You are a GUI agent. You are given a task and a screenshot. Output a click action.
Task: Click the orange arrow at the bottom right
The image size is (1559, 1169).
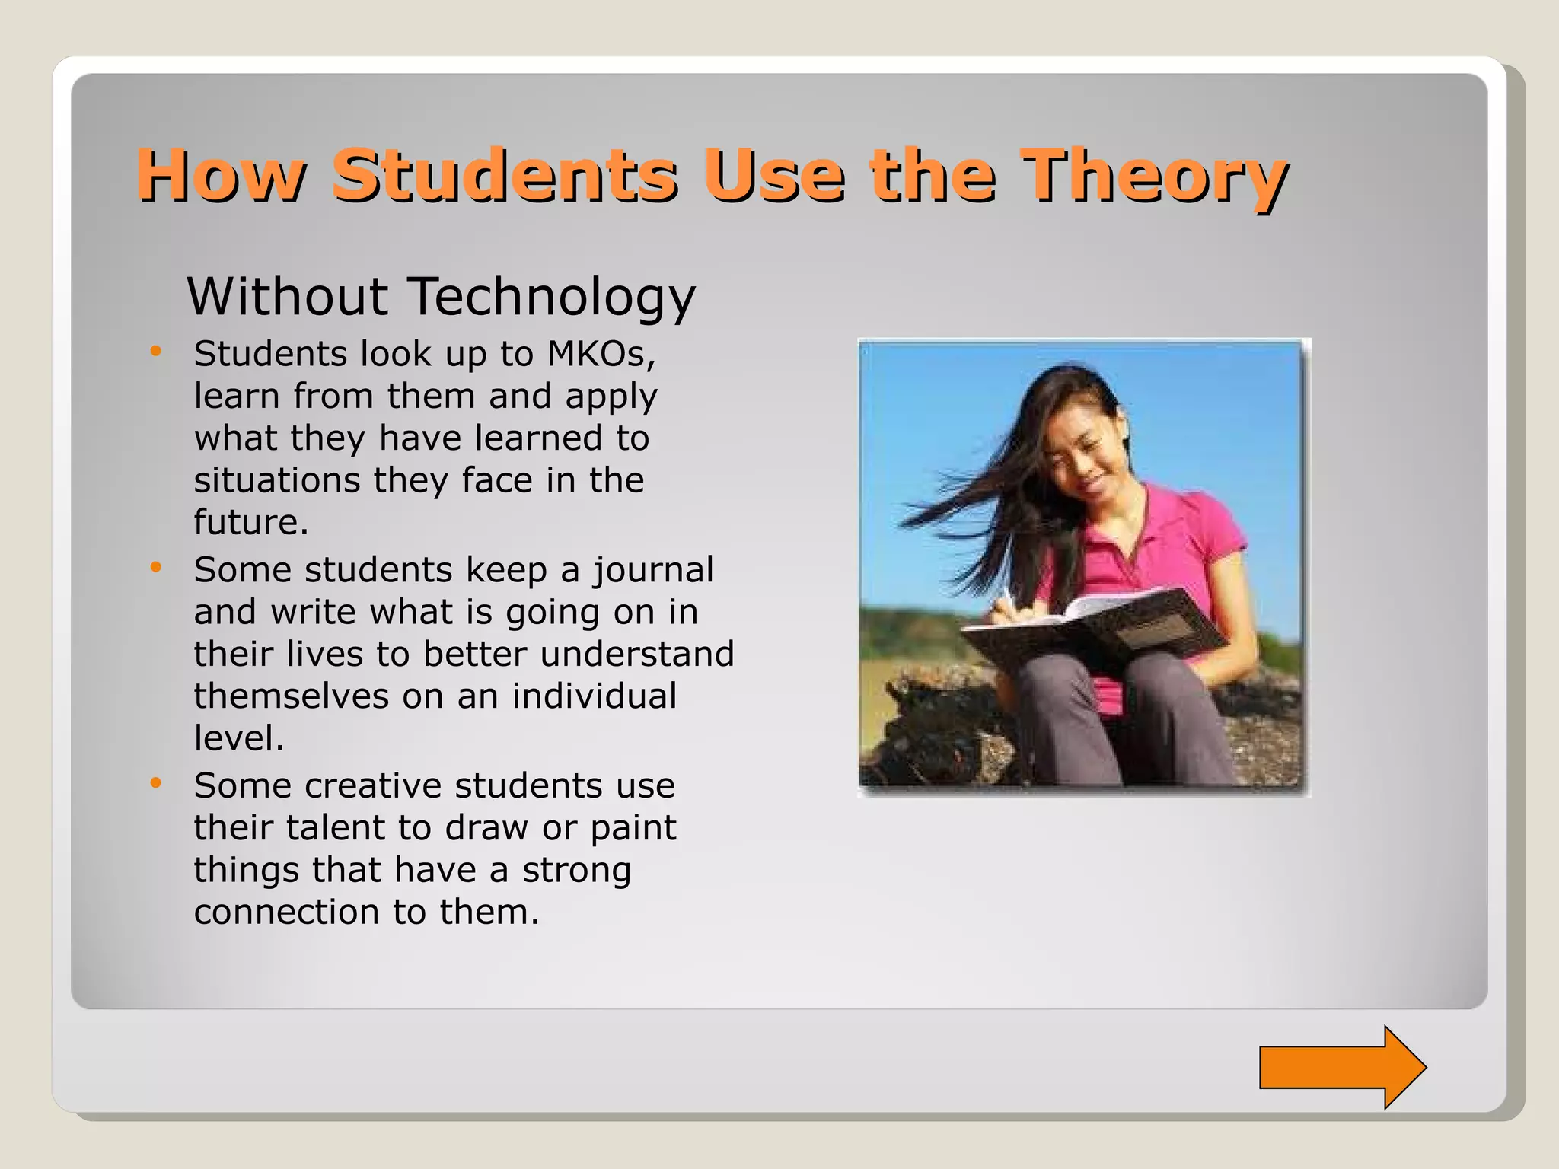(1341, 1066)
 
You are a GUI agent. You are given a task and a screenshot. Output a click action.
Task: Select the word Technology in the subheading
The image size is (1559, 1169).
(552, 297)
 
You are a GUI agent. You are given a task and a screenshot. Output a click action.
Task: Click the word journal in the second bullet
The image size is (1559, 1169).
(653, 571)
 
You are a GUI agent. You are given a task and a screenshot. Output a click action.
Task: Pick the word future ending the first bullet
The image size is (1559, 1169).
(250, 522)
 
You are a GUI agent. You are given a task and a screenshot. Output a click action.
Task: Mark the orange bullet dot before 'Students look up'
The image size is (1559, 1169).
(156, 352)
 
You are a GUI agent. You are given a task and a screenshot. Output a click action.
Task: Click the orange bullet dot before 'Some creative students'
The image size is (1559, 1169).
(156, 783)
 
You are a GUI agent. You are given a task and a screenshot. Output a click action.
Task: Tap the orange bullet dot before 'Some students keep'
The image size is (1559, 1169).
(156, 568)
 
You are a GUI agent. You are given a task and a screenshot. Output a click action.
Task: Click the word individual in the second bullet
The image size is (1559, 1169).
(594, 696)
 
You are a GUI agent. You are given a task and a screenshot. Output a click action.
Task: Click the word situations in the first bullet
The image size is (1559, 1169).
(277, 480)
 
